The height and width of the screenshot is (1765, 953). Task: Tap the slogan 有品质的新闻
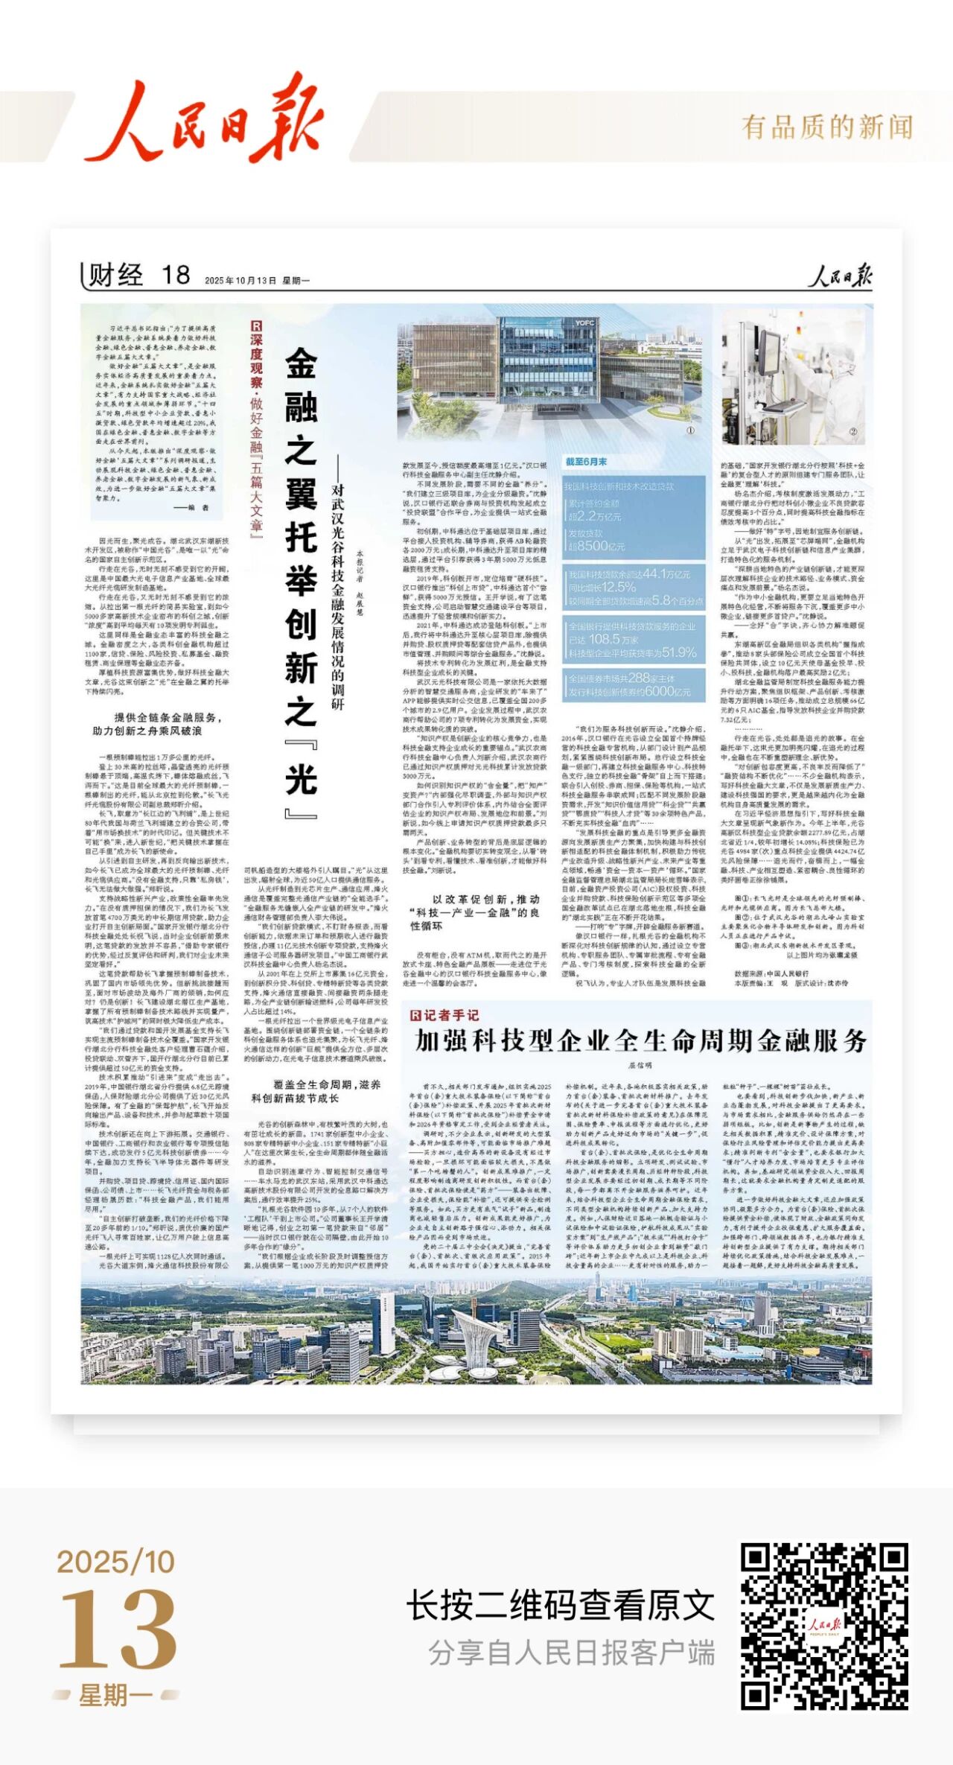point(826,127)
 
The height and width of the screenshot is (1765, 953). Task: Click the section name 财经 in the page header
point(115,275)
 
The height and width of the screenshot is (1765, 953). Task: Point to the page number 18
point(176,275)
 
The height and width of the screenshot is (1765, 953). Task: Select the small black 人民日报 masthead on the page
point(841,276)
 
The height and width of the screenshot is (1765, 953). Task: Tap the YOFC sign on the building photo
point(584,323)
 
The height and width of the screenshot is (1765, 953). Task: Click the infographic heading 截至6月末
point(586,462)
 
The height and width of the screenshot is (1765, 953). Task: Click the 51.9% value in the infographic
point(678,652)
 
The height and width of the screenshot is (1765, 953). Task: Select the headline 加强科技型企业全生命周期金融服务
point(640,1040)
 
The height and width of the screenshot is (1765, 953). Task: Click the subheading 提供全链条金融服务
point(168,717)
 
